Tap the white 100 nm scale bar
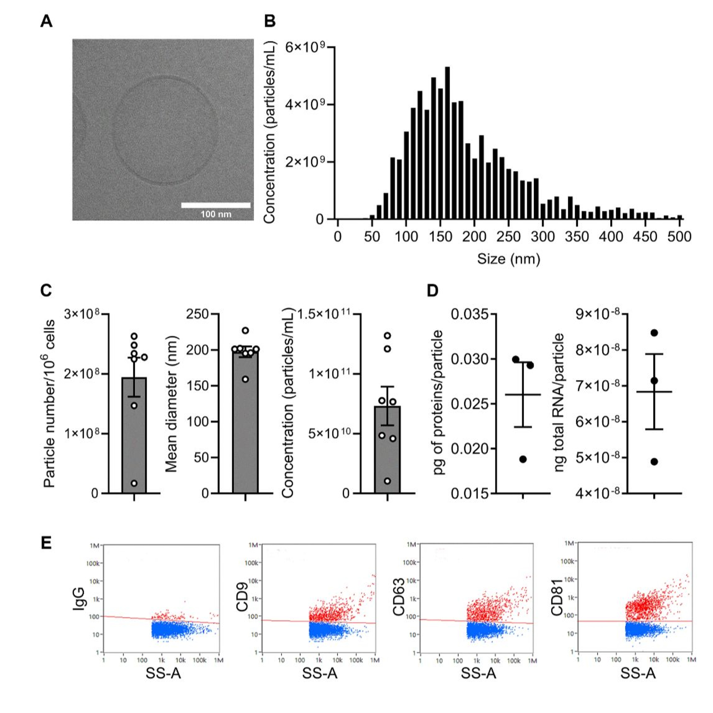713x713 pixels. click(x=216, y=205)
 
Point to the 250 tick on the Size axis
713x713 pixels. click(x=509, y=236)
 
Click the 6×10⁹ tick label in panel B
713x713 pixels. click(x=305, y=47)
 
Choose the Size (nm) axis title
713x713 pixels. click(x=509, y=259)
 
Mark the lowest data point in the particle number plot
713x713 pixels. click(x=134, y=483)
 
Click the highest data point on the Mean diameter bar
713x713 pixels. click(x=246, y=330)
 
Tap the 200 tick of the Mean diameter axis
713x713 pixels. click(x=198, y=350)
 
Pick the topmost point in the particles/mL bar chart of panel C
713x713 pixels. click(x=387, y=335)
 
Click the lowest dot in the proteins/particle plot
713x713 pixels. click(x=523, y=459)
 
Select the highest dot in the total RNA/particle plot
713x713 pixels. click(x=654, y=333)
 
